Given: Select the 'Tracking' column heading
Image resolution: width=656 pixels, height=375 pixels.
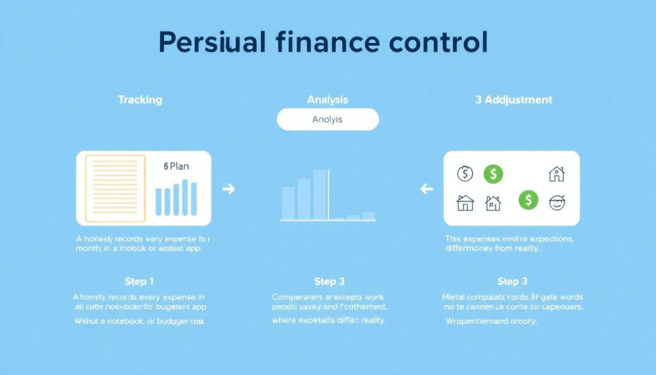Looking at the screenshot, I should click(x=140, y=100).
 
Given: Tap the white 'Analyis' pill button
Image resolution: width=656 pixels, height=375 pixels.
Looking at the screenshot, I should click(x=327, y=119).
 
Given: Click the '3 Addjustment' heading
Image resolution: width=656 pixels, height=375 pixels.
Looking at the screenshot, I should click(x=514, y=100).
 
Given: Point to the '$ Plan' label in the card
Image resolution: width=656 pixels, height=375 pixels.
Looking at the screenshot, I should click(x=176, y=166).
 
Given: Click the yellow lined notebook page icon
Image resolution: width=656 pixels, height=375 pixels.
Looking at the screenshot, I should click(x=115, y=188).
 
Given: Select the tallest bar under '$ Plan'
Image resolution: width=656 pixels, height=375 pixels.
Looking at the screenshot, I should click(x=185, y=197).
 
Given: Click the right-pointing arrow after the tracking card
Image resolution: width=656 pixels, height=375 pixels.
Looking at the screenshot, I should click(x=227, y=189).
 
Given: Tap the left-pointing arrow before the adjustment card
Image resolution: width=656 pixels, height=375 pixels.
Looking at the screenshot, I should click(x=426, y=189).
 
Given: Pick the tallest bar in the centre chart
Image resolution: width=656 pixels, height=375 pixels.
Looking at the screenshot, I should click(x=320, y=195).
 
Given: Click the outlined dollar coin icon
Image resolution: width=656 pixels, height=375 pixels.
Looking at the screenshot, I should click(x=465, y=174).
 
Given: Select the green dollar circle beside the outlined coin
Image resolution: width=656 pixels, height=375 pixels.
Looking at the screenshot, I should click(x=493, y=173).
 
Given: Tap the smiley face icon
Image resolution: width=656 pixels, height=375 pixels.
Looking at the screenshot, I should click(x=557, y=203).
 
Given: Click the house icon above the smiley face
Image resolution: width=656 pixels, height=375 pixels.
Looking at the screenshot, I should click(x=557, y=173).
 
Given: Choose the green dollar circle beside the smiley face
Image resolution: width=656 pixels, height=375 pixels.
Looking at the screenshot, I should click(x=529, y=200).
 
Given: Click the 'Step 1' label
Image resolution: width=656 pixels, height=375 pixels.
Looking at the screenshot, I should click(x=140, y=281).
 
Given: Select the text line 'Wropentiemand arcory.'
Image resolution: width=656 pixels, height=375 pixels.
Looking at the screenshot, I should click(x=491, y=321).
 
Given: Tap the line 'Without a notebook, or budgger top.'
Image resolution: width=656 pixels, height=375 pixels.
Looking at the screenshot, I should click(x=140, y=321).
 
